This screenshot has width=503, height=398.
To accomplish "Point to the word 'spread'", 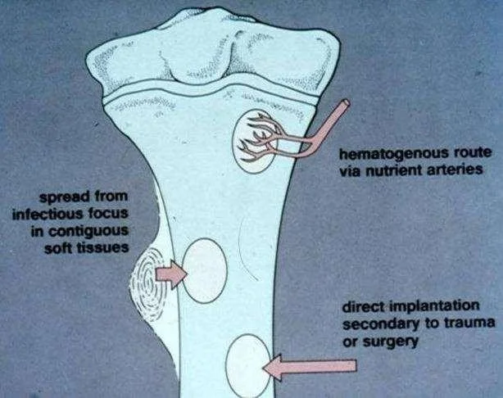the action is click(x=64, y=197).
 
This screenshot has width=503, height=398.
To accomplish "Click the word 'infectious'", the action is click(x=47, y=214).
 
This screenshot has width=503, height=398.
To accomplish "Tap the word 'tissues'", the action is click(x=103, y=247).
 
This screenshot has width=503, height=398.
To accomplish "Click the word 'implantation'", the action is click(x=435, y=307).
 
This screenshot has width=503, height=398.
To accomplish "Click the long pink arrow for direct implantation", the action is click(x=310, y=367).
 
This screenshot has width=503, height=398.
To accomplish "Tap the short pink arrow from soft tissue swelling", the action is click(x=171, y=274).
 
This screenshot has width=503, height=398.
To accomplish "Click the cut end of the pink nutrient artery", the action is click(x=346, y=103).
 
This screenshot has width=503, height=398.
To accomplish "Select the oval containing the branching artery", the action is click(x=255, y=142).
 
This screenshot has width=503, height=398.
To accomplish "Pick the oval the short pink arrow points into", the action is click(x=204, y=270).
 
